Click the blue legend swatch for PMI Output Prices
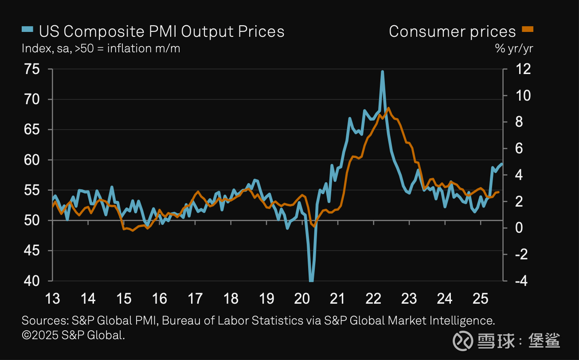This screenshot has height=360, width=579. [27, 30]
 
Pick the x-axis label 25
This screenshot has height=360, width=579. [480, 298]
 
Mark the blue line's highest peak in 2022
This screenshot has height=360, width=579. [382, 71]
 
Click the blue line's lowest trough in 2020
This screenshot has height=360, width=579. [311, 280]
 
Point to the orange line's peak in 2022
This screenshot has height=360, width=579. [388, 108]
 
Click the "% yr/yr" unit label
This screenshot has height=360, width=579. [514, 48]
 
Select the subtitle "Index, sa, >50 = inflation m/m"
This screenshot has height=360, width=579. [101, 48]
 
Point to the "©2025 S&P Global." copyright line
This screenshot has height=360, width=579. [73, 335]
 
